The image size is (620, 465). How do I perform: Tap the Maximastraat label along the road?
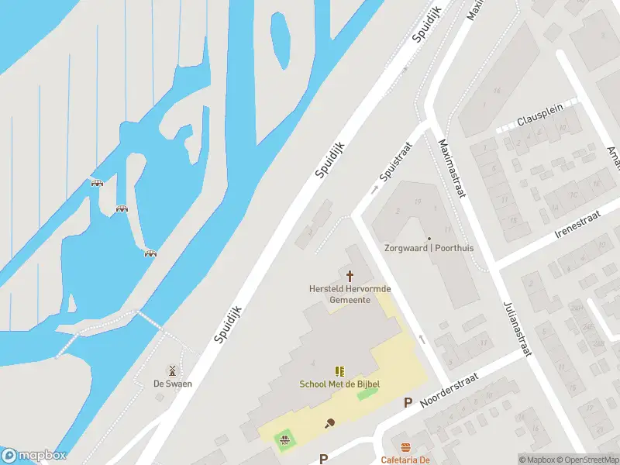tap(451, 167)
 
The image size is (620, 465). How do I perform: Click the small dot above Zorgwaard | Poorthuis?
tap(429, 239)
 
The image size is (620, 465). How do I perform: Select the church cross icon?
tap(350, 276)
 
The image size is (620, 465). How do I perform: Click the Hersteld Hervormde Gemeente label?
tap(350, 294)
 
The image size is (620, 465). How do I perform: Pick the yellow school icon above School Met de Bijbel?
tap(339, 372)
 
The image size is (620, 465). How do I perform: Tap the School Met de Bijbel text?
tap(339, 384)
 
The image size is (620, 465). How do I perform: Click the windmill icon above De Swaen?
tap(173, 370)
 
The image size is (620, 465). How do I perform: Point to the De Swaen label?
tap(173, 384)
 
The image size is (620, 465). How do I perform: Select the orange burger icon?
tap(405, 447)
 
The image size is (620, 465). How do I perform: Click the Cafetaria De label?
tap(405, 460)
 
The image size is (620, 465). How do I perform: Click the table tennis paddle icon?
tap(330, 422)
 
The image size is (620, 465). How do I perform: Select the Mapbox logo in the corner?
tap(34, 456)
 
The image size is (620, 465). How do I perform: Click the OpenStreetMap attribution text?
tap(588, 460)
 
